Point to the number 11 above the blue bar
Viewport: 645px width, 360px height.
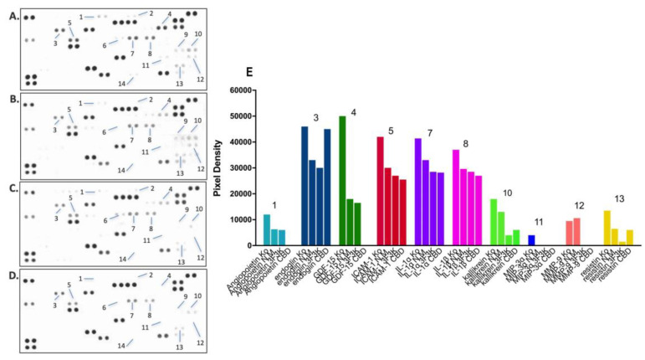pyautogui.click(x=538, y=222)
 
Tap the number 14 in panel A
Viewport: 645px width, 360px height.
pyautogui.click(x=122, y=83)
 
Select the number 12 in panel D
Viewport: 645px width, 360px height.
pyautogui.click(x=200, y=342)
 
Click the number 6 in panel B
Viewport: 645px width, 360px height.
pyautogui.click(x=105, y=131)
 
